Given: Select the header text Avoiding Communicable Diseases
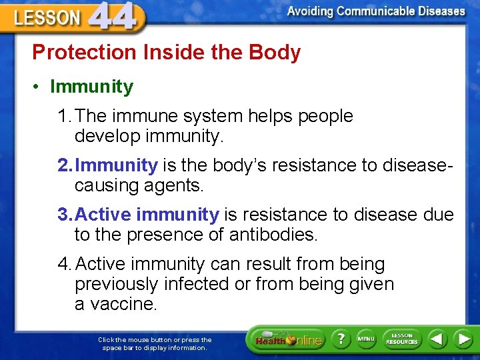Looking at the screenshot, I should pyautogui.click(x=376, y=11).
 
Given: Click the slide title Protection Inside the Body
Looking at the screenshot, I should pyautogui.click(x=167, y=52).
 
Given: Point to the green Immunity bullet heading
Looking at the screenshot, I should pyautogui.click(x=91, y=87).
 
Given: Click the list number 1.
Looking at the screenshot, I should pyautogui.click(x=64, y=116).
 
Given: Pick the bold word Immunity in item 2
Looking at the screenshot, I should pyautogui.click(x=117, y=165).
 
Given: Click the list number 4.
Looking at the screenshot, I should pyautogui.click(x=64, y=264).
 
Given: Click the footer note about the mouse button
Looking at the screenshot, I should pyautogui.click(x=155, y=343).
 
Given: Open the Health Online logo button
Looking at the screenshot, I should pyautogui.click(x=287, y=339).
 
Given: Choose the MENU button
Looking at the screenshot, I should pyautogui.click(x=366, y=339).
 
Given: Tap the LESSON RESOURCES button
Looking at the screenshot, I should pyautogui.click(x=402, y=339).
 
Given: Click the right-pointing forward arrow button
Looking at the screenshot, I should pyautogui.click(x=463, y=339).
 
